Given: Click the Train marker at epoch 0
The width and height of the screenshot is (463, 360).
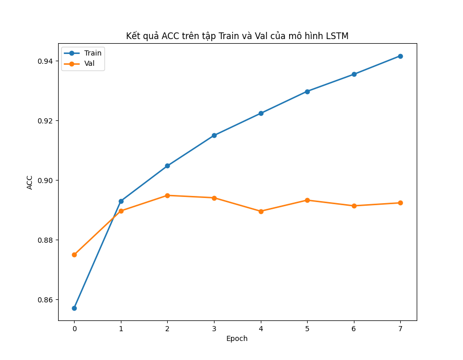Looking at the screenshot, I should tap(74, 308).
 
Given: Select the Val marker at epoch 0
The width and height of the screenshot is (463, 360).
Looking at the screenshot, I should tap(74, 255).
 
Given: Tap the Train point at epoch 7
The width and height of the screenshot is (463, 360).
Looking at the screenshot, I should tap(400, 56).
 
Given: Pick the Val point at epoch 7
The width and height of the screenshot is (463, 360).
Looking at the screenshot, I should tap(400, 203).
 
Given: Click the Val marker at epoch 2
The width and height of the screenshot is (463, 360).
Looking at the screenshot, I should tap(167, 195).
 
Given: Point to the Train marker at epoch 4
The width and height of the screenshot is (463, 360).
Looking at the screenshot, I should tap(261, 113).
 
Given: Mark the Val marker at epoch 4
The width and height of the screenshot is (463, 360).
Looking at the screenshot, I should tap(261, 211).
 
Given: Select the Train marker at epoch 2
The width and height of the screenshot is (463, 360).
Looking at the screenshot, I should tap(167, 166).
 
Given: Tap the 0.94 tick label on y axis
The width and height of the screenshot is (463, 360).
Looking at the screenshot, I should tap(45, 61).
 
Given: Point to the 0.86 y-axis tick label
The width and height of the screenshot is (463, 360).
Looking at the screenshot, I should tap(45, 300).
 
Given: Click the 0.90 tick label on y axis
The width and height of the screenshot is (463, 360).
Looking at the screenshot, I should tap(45, 181).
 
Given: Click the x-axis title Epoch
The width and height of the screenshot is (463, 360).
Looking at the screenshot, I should tap(237, 338).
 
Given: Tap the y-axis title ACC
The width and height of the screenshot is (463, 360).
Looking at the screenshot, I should tap(30, 182).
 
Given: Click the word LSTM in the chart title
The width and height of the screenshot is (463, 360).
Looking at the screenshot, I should tap(337, 36).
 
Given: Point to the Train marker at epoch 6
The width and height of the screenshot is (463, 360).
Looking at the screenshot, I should tap(354, 74).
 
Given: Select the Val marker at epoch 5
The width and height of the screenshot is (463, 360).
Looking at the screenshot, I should tap(307, 200).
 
